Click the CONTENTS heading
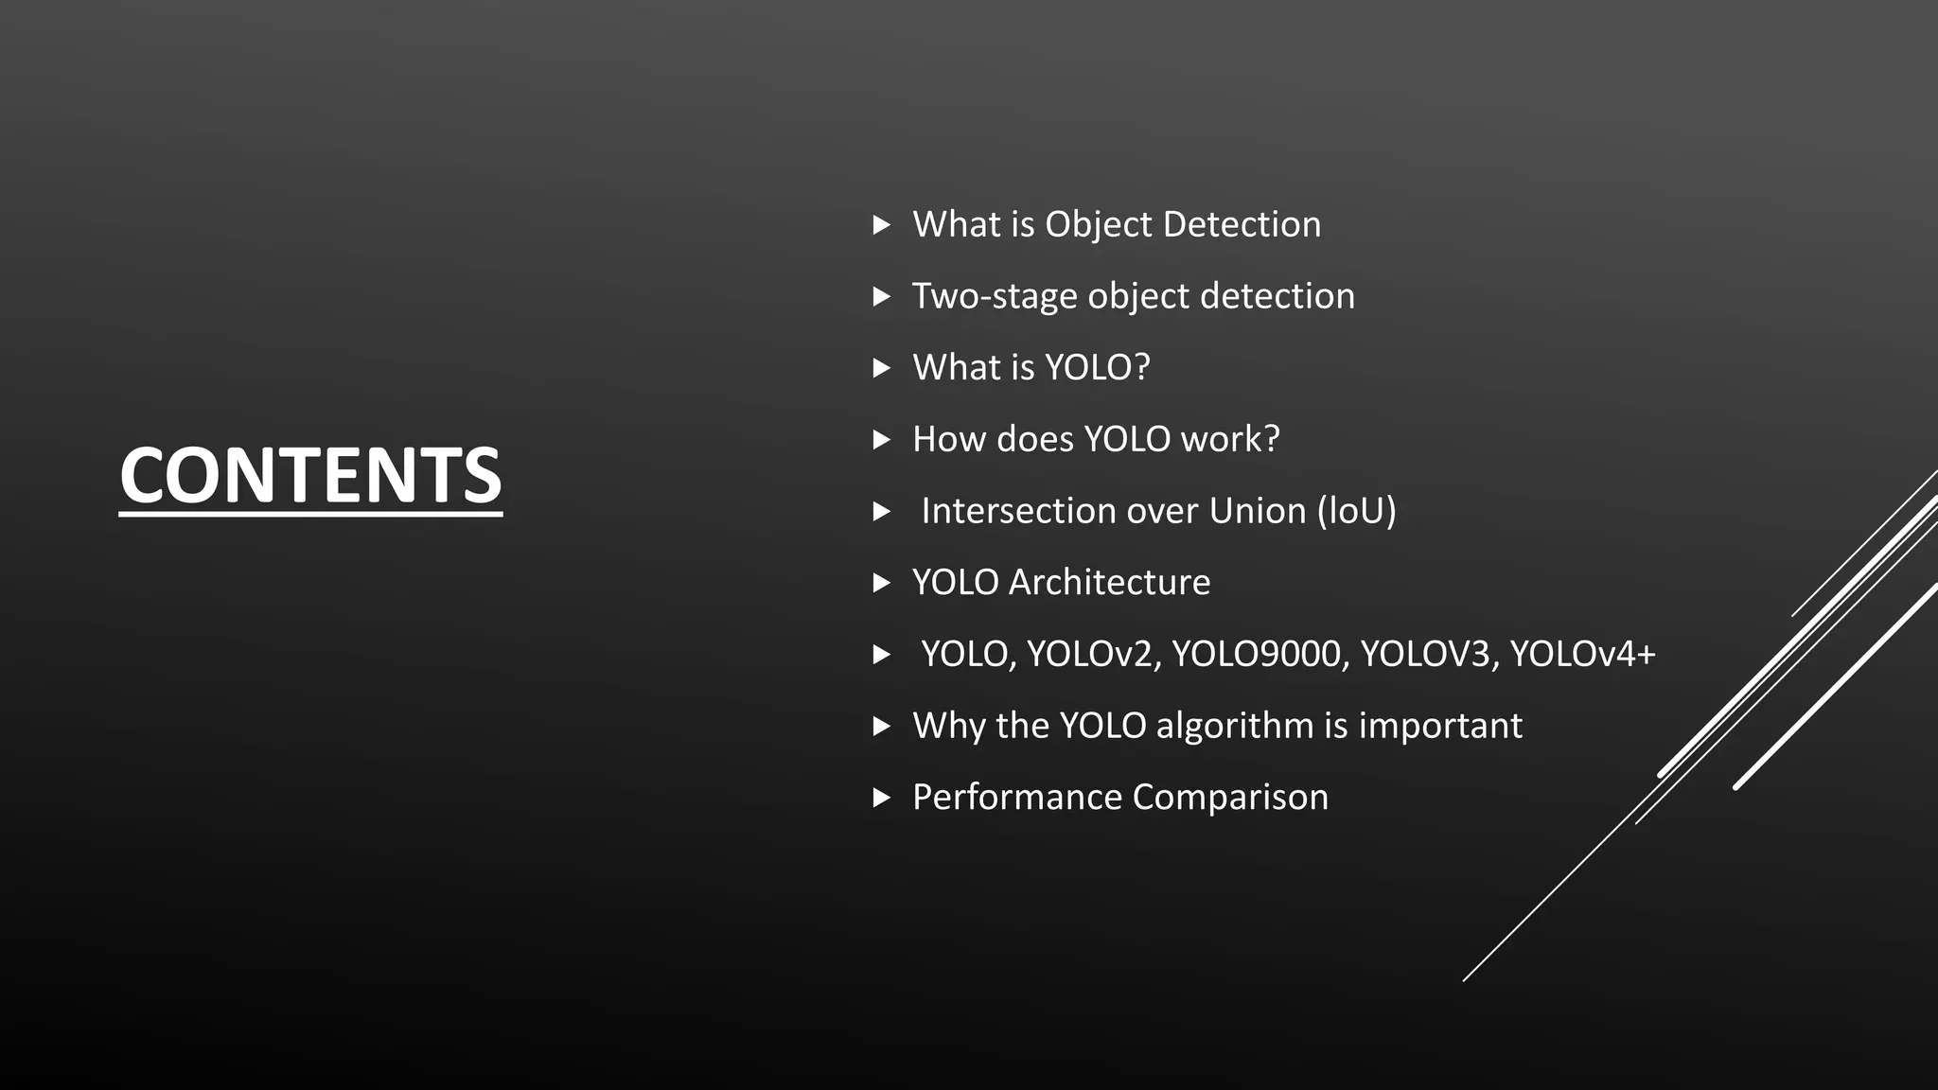310,475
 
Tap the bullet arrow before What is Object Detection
881,225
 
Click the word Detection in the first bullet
1242,225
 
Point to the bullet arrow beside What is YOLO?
881,368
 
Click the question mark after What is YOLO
1141,368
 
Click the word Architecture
1109,583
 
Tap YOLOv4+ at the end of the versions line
1582,655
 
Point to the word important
1440,727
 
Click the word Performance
1017,798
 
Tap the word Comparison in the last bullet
1230,798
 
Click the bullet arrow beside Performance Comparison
881,798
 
